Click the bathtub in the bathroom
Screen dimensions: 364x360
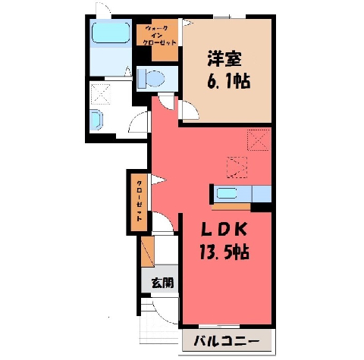coord(111,33)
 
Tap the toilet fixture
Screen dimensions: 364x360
coord(151,78)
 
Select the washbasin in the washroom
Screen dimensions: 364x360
coord(96,120)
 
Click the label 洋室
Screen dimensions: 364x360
coord(224,59)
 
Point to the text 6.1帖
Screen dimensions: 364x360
coord(229,81)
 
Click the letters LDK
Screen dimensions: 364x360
coord(224,230)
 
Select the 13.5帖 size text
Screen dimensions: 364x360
coord(224,252)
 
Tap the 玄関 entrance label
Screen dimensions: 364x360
coord(162,283)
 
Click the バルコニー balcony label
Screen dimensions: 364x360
coord(227,343)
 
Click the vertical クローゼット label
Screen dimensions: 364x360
coord(139,201)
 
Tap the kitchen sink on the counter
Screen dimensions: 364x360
coord(227,193)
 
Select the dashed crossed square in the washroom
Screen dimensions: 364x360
coord(100,94)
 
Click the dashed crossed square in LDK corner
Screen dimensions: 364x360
coord(259,139)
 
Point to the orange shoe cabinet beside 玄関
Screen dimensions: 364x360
coord(148,252)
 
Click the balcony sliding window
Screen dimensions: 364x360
coord(219,327)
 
